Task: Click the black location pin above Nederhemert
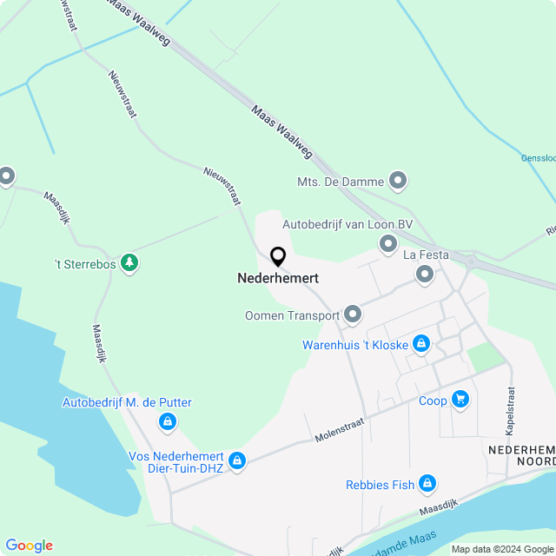tap(278, 257)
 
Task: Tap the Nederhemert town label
tap(278, 279)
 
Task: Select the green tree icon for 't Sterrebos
tap(129, 261)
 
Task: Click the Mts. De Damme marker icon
tap(398, 182)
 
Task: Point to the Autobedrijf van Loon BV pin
tap(387, 246)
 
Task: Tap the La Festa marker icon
tap(425, 275)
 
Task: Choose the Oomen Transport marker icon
tap(353, 314)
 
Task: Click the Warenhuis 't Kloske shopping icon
tap(421, 344)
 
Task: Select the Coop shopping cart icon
tap(460, 400)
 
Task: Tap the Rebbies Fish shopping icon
tap(427, 484)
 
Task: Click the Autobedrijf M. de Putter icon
tap(167, 422)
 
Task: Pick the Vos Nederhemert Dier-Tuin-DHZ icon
tap(236, 461)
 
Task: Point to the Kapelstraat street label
tap(510, 411)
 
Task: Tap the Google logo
tap(29, 546)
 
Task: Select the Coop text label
tap(433, 400)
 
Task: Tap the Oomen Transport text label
tap(291, 315)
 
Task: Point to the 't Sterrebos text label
tap(84, 263)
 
